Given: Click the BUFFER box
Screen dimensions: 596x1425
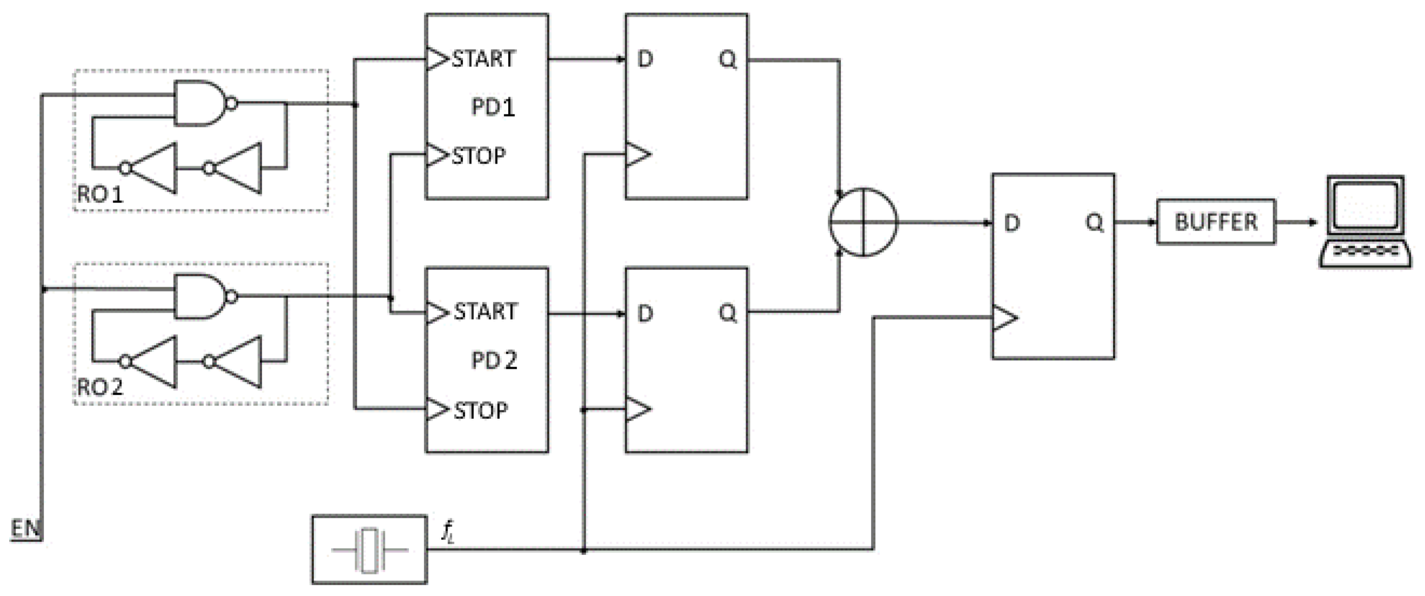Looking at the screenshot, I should tap(1216, 222).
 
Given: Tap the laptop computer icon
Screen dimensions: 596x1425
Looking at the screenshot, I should tap(1365, 222).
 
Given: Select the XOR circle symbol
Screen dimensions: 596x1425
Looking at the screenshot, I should tap(863, 222).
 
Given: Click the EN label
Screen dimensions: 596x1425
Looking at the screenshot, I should tap(25, 529).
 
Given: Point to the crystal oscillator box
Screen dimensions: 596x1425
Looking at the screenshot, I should tap(369, 550).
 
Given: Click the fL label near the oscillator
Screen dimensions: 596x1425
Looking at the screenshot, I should tap(447, 532).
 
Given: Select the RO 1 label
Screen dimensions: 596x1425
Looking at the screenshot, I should tap(99, 194).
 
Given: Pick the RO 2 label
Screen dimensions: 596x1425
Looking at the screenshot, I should tap(99, 388).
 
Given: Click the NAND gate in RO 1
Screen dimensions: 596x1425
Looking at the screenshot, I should tap(199, 104).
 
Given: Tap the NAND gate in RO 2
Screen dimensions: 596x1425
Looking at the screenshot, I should tap(199, 297).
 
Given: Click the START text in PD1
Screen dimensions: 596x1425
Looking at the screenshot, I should tap(483, 59).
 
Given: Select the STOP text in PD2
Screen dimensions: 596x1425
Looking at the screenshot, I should tap(480, 411).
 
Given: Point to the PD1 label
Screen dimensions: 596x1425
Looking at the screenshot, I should tap(492, 107).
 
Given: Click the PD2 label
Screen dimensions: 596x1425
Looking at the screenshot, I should tap(494, 361).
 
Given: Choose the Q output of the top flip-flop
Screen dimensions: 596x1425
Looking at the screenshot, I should tap(727, 59).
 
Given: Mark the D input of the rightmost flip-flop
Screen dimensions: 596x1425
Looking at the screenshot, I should tap(1011, 223).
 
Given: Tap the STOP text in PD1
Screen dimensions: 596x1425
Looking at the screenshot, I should tap(478, 157).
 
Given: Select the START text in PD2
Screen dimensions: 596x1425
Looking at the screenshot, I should tap(485, 313).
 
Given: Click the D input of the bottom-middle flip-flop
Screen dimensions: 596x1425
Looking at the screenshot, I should tap(645, 314).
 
